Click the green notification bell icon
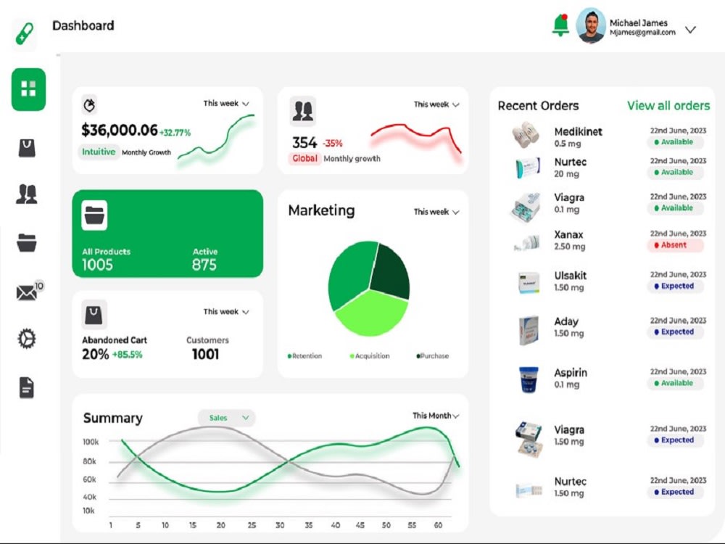560,25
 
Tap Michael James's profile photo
591,26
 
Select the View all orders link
668,106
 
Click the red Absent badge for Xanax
676,245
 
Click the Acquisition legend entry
370,356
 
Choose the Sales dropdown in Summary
227,418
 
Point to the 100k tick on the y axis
91,442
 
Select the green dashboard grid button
28,89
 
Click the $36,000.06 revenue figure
119,131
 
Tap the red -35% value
333,143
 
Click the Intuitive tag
98,152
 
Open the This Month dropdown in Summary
436,416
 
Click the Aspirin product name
571,373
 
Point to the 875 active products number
204,265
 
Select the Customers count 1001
205,354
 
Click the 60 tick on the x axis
438,525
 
